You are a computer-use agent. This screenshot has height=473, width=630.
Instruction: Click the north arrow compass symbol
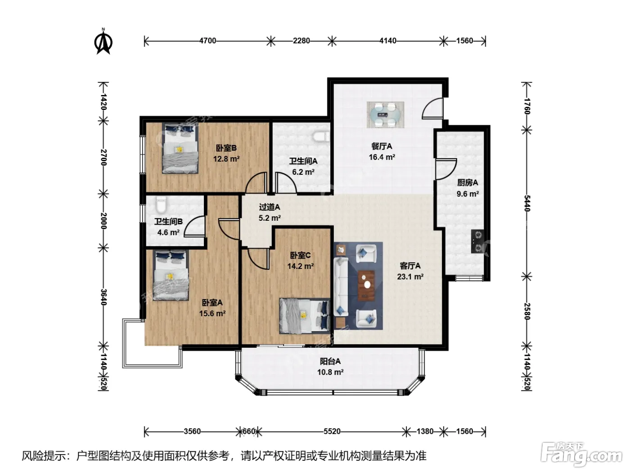coord(103,41)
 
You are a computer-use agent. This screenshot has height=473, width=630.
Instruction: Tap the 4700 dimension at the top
coord(207,41)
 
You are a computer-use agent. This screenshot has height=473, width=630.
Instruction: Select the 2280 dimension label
coord(301,41)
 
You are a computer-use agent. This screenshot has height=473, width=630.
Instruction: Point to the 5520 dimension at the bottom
coord(332,432)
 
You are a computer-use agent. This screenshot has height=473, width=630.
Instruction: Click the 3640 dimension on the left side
coord(103,297)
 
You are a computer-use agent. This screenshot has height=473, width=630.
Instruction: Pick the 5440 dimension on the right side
coord(527,203)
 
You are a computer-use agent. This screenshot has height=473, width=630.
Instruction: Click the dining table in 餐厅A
coord(385,114)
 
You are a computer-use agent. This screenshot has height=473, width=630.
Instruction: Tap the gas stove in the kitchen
coord(477,241)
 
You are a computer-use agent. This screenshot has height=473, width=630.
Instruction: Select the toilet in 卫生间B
coord(161,205)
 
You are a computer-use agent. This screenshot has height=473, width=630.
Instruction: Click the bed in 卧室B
coord(180,149)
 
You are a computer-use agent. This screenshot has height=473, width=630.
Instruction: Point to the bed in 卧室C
coord(305,316)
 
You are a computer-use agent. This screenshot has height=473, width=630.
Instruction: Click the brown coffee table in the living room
coord(366,286)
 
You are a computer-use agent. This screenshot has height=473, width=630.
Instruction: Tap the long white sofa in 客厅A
coord(341,287)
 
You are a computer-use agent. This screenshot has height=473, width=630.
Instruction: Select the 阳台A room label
coord(330,361)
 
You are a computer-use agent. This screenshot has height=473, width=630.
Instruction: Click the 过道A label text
coord(269,207)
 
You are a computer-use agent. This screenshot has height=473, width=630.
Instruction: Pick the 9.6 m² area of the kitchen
coord(468,194)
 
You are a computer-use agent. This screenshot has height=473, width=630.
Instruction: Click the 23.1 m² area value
coord(410,277)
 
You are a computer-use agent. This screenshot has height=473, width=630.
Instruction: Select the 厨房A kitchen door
coord(446,169)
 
